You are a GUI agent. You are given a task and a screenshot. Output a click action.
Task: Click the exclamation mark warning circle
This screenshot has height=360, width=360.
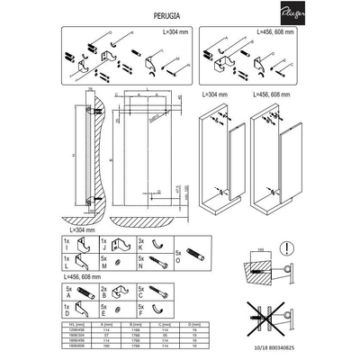point(285,247)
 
